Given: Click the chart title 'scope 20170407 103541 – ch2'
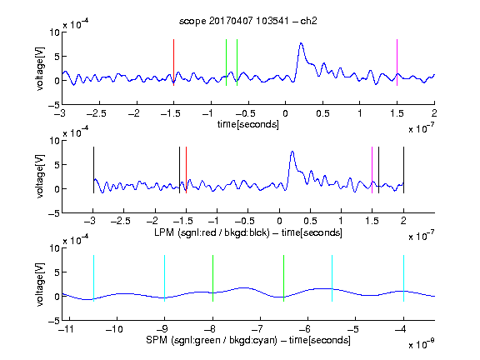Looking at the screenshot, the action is pos(248,21).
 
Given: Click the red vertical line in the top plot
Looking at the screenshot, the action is pos(173,62).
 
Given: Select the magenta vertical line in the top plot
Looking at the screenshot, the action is pos(397,62).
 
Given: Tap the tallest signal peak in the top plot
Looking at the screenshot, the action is pos(301,43).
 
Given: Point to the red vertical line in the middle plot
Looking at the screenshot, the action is pos(186,170).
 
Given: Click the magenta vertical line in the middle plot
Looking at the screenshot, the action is pos(372,170).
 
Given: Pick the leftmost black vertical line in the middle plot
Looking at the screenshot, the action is pos(93,170).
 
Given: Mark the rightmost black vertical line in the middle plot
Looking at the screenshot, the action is pos(403,170).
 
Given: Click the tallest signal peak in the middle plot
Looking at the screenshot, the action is pos(292,152).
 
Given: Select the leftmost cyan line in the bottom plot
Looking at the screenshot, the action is pos(93,278).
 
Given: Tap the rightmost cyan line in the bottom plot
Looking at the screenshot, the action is pos(403,278).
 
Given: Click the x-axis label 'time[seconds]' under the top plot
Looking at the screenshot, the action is pos(248,125).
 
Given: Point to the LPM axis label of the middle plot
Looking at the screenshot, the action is pos(248,232).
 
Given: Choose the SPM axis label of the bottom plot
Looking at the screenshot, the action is pos(248,340).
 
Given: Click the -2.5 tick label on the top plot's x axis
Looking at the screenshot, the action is pos(97,113).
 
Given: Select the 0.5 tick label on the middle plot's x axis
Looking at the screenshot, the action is pos(310,221).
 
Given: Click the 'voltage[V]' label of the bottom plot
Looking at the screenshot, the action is pos(40,284).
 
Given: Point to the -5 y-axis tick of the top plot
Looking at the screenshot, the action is pos(54,105).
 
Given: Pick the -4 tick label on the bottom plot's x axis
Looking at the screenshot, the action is pos(400,329).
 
